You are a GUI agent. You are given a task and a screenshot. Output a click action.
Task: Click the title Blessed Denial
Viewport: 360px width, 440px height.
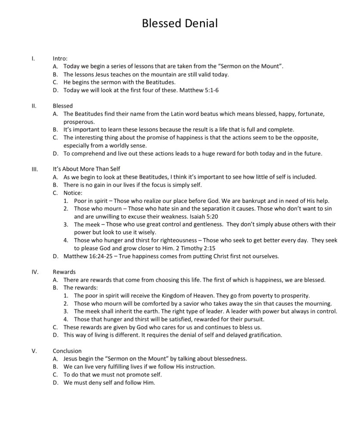pyautogui.click(x=180, y=23)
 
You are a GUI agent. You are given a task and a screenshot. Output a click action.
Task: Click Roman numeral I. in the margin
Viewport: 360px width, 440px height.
pyautogui.click(x=34, y=58)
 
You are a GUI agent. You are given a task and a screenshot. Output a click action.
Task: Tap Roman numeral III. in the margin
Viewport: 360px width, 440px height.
pyautogui.click(x=35, y=169)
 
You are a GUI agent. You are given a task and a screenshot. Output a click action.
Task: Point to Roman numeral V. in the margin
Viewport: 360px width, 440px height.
pyautogui.click(x=34, y=351)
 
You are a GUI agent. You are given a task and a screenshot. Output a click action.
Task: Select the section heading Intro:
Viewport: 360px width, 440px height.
pyautogui.click(x=60, y=58)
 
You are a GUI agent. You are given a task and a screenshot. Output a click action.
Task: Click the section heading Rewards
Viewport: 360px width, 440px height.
pyautogui.click(x=64, y=272)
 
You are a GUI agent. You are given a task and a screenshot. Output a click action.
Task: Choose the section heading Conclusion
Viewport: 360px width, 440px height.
pyautogui.click(x=67, y=351)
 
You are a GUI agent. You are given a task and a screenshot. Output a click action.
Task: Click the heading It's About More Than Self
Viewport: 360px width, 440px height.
pyautogui.click(x=89, y=169)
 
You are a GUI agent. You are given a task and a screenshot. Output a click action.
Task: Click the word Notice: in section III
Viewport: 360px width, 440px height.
pyautogui.click(x=73, y=192)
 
